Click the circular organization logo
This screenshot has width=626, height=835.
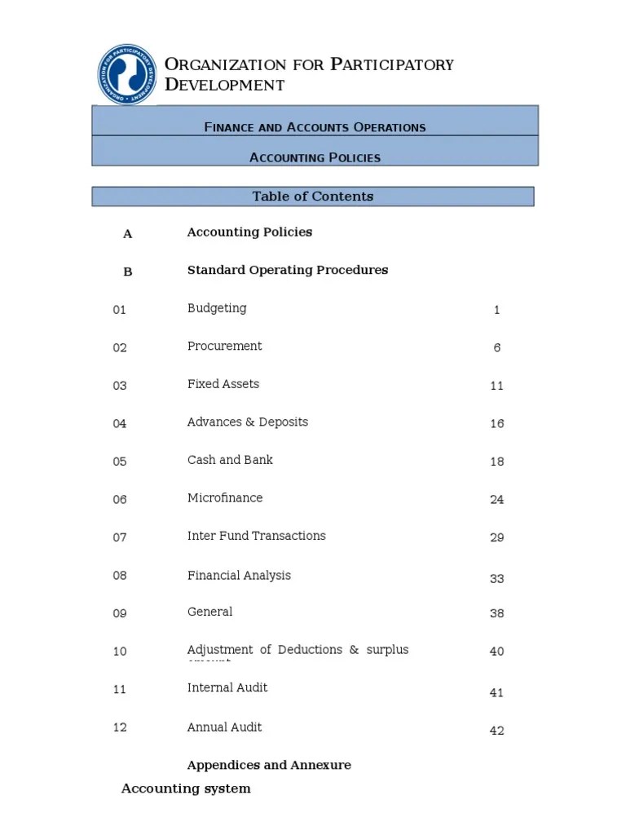click(128, 74)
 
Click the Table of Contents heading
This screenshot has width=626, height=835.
click(313, 197)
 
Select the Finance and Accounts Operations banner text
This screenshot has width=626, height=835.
click(315, 127)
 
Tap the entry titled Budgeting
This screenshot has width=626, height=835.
click(217, 308)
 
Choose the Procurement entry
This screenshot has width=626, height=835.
click(224, 347)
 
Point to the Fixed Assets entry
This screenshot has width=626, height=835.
click(223, 384)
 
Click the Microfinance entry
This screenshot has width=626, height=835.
click(225, 498)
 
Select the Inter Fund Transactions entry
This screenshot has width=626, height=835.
click(256, 536)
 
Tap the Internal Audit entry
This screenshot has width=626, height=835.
click(227, 687)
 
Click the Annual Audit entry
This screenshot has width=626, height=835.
click(224, 727)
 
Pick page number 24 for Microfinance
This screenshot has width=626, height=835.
click(497, 500)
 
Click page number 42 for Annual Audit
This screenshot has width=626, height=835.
click(497, 731)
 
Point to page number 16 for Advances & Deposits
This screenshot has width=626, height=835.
click(497, 424)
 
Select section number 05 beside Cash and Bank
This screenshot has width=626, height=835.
click(120, 462)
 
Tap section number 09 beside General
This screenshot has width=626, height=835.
click(120, 613)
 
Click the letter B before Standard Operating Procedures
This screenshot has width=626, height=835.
click(127, 272)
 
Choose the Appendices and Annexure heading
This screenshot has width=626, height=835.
click(269, 766)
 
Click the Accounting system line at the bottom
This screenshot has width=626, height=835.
click(186, 789)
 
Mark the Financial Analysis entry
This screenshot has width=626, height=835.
click(239, 576)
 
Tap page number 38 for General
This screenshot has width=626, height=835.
click(497, 613)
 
